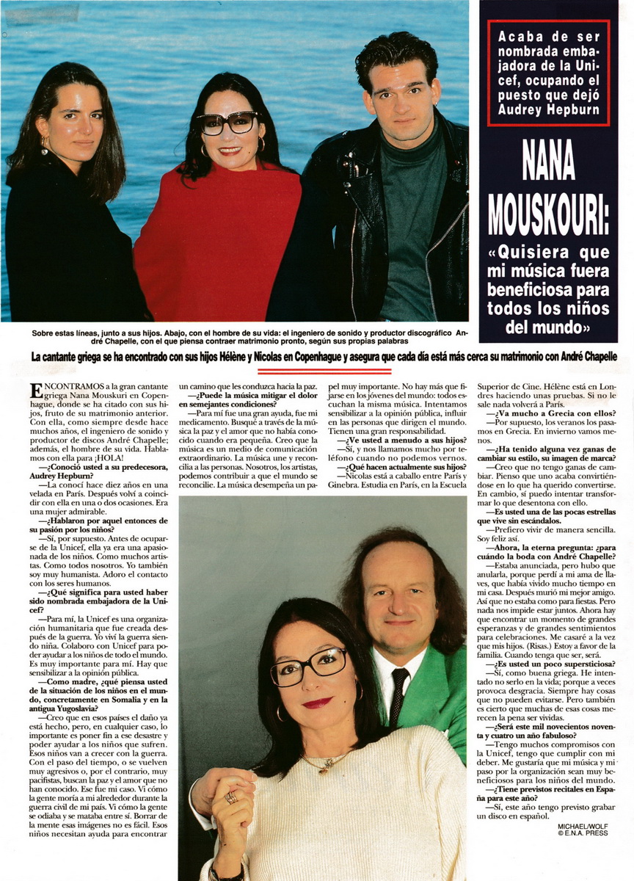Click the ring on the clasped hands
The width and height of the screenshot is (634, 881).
click(x=231, y=797)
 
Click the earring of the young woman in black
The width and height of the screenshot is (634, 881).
click(x=45, y=150)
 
